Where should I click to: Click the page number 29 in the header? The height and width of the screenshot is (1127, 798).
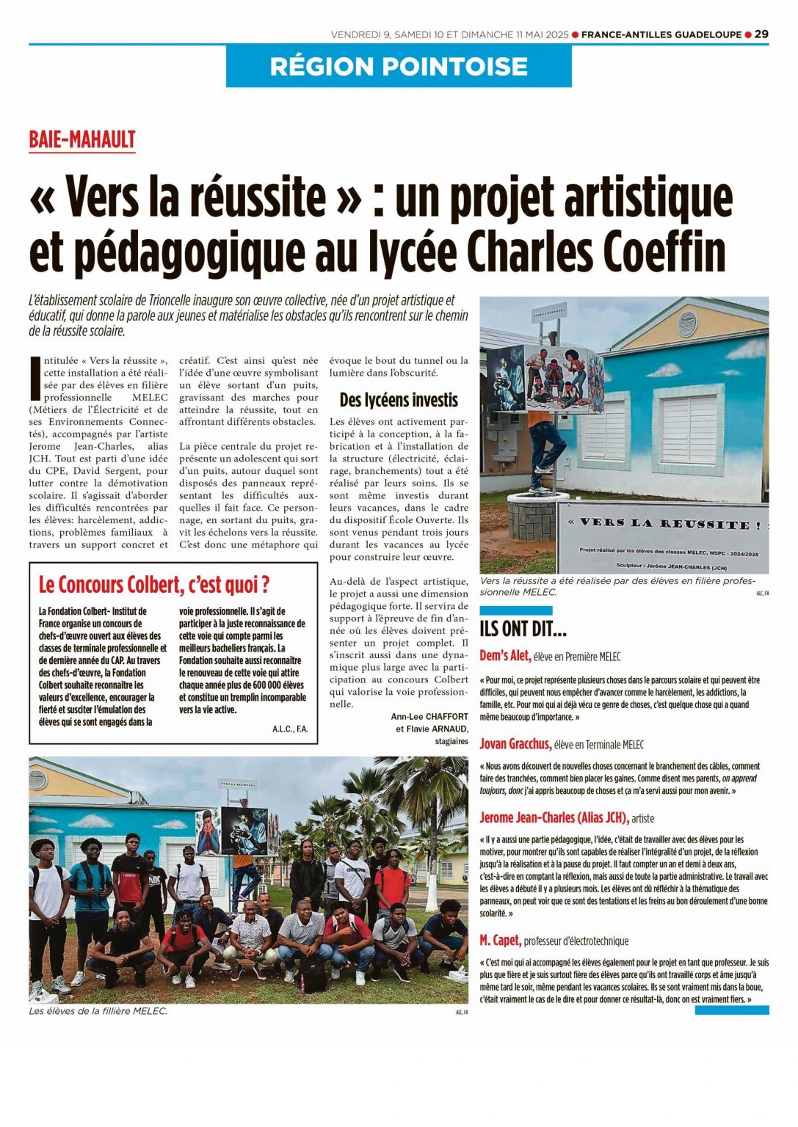click(x=761, y=34)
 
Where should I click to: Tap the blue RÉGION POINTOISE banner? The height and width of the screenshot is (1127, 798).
click(x=399, y=66)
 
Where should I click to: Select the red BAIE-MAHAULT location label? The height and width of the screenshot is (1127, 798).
click(x=82, y=139)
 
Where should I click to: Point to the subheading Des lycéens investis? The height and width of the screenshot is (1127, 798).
click(x=398, y=400)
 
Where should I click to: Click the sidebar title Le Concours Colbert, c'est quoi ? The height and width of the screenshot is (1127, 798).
click(x=154, y=585)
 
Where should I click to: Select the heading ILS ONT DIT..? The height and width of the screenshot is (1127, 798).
click(x=523, y=629)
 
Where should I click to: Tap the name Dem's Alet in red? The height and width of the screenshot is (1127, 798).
click(x=505, y=656)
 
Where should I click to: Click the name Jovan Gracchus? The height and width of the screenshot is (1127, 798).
click(x=515, y=744)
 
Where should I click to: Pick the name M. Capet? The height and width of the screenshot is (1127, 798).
click(x=500, y=940)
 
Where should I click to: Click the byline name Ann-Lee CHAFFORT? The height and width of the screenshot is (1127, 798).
click(x=429, y=716)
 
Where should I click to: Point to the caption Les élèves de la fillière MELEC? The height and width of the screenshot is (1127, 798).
click(x=98, y=1011)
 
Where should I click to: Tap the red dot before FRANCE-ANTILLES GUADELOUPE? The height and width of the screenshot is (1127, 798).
click(x=575, y=34)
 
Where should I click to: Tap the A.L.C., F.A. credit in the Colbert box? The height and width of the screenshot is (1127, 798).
click(x=289, y=729)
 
